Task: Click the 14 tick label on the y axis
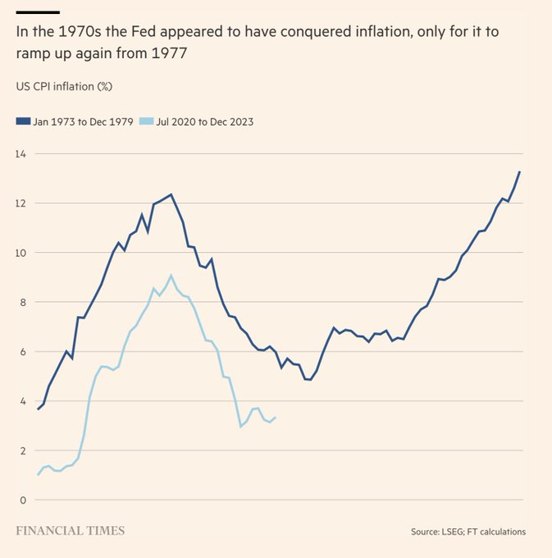pyautogui.click(x=21, y=153)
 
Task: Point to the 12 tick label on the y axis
pyautogui.click(x=21, y=203)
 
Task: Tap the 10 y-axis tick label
pyautogui.click(x=21, y=253)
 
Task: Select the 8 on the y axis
pyautogui.click(x=23, y=302)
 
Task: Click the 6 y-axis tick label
pyautogui.click(x=23, y=351)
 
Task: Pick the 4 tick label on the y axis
pyautogui.click(x=23, y=401)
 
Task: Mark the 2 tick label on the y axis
pyautogui.click(x=23, y=451)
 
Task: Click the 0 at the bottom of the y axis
pyautogui.click(x=23, y=500)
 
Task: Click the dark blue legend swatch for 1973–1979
pyautogui.click(x=22, y=121)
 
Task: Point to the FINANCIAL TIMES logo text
pyautogui.click(x=71, y=530)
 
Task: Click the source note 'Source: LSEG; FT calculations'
pyautogui.click(x=468, y=532)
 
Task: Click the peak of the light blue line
pyautogui.click(x=171, y=276)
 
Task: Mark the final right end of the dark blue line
pyautogui.click(x=520, y=172)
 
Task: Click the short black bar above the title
pyautogui.click(x=38, y=12)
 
